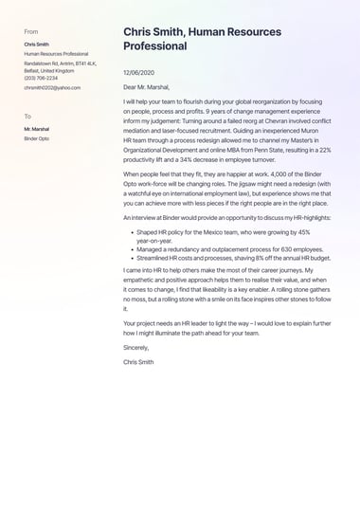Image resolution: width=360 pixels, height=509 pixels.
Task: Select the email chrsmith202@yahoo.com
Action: coord(52,87)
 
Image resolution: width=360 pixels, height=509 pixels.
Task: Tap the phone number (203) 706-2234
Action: coord(41,78)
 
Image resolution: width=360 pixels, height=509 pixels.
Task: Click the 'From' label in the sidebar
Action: coord(31,31)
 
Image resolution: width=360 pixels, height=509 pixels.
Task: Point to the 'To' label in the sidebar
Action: coord(27,116)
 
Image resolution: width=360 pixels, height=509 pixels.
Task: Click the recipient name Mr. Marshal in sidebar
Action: coord(37,129)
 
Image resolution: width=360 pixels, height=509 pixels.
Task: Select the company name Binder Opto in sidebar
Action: coord(38,137)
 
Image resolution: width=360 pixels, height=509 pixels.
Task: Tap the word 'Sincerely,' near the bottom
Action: coord(136,348)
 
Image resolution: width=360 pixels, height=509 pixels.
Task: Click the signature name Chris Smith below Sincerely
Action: coord(138,362)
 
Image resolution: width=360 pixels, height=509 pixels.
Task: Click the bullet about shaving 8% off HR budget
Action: coord(233,258)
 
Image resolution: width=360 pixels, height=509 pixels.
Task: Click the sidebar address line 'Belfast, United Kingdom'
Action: coord(49,70)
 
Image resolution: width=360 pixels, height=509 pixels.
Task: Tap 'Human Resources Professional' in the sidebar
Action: coord(56,54)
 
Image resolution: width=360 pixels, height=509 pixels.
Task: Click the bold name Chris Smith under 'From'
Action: coord(37,45)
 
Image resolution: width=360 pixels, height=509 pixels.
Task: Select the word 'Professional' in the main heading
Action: coord(155,45)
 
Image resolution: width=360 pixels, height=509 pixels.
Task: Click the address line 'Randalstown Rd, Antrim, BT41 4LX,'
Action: coord(61,64)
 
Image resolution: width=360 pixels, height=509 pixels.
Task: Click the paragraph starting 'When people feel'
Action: coord(226,190)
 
